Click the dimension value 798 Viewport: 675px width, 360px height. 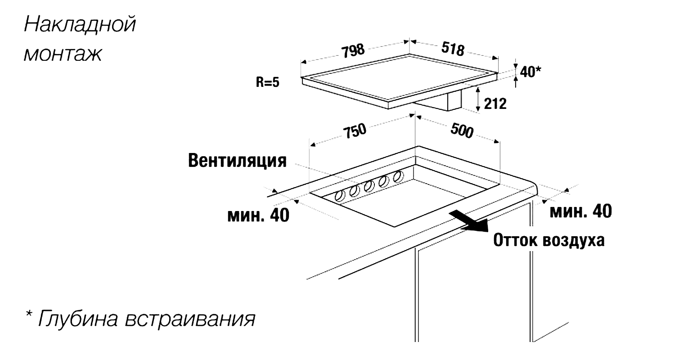click(353, 51)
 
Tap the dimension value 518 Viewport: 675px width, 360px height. click(453, 49)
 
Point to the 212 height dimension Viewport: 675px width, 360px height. click(495, 103)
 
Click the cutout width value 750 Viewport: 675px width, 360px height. click(355, 131)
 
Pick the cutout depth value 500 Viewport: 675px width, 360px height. click(462, 131)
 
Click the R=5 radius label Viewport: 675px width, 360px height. click(268, 82)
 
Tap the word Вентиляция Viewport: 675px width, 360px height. click(237, 161)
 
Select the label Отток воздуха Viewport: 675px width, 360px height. click(549, 240)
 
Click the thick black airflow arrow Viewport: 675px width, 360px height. click(468, 221)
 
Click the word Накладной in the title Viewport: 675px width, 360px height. click(80, 24)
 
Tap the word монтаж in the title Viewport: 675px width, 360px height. click(63, 54)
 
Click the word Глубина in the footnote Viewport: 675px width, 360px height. click(78, 319)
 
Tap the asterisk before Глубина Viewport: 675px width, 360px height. click(29, 314)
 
